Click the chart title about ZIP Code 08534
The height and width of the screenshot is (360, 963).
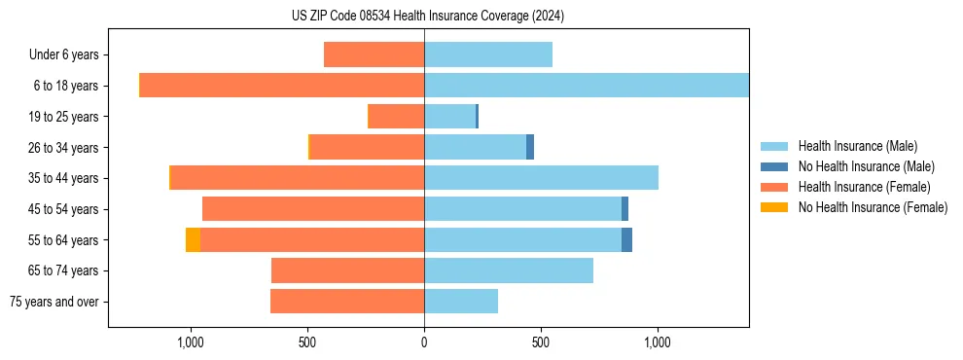tap(427, 16)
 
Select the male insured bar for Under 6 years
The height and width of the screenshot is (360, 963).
tap(487, 54)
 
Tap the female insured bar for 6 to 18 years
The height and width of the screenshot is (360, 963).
tap(282, 86)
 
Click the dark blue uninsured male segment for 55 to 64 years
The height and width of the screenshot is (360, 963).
tap(626, 239)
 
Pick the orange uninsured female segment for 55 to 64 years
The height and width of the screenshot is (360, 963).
tap(193, 239)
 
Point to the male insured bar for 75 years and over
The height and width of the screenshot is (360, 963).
tap(461, 302)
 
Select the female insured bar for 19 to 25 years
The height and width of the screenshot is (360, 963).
tap(397, 117)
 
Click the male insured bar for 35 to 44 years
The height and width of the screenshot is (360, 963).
tap(541, 178)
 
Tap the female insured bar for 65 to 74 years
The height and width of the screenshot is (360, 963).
tap(348, 270)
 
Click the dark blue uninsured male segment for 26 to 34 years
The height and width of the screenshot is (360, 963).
tap(530, 147)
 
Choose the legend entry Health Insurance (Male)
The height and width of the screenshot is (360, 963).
tap(857, 146)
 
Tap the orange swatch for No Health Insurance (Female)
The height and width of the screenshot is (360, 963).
tap(774, 207)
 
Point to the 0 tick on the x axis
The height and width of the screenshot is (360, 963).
tap(424, 342)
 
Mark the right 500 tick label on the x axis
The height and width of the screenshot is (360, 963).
tap(541, 342)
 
